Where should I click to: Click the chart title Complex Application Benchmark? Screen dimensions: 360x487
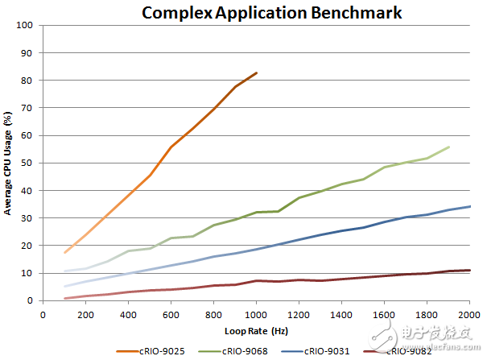[271, 12]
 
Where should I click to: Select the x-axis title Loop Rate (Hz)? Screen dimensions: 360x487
[256, 330]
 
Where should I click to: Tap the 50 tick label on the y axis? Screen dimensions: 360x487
[27, 163]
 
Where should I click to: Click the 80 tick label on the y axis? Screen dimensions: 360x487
[27, 81]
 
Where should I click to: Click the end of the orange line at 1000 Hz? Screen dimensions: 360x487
[257, 72]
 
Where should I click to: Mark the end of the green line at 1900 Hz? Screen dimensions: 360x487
[448, 147]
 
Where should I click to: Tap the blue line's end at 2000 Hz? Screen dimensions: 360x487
[469, 206]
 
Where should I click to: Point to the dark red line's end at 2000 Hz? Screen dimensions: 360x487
[469, 270]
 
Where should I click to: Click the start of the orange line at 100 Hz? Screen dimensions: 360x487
[65, 253]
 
